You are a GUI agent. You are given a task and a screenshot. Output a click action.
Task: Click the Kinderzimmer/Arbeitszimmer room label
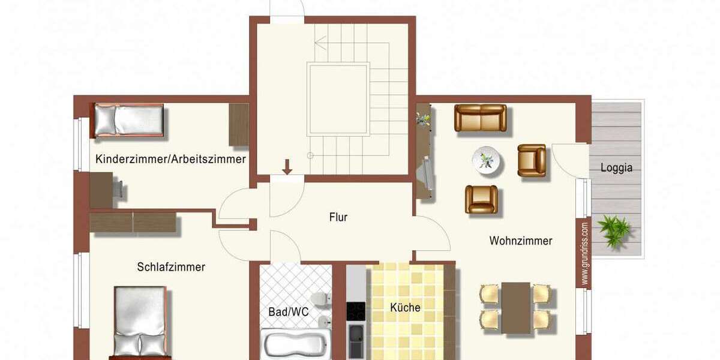click(170, 160)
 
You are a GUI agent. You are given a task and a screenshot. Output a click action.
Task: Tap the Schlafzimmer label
click(171, 267)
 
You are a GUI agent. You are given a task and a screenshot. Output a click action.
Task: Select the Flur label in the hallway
click(338, 217)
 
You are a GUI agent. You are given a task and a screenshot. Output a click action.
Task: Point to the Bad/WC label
click(288, 312)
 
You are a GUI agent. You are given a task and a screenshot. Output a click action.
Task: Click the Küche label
click(405, 308)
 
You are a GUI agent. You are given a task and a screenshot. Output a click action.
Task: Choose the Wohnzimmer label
click(520, 241)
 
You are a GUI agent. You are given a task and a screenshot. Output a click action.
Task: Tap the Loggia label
click(616, 168)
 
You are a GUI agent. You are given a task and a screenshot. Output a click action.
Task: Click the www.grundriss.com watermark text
click(584, 253)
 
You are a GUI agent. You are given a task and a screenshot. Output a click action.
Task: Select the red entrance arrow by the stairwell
click(287, 166)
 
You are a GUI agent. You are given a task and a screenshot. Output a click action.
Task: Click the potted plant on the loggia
click(613, 230)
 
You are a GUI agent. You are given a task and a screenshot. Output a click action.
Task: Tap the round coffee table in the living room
click(487, 161)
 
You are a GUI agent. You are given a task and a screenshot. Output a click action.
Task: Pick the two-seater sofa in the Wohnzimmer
click(480, 118)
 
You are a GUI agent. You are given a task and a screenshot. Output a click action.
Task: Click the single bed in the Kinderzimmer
click(127, 120)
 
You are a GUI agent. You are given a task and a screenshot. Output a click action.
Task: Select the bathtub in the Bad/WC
click(295, 345)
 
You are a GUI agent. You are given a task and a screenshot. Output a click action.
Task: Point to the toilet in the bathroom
click(322, 298)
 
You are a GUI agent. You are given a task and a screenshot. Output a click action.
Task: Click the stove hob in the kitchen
click(356, 311)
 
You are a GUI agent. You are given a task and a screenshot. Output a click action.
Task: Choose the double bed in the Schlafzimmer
click(139, 324)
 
